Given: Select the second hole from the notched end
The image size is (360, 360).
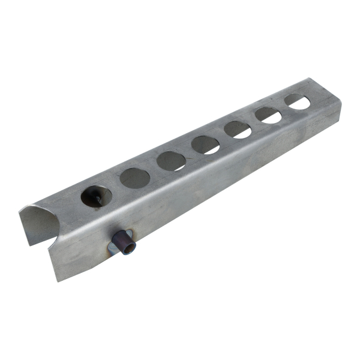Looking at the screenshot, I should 134,178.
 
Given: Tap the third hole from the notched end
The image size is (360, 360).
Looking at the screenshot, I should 172,160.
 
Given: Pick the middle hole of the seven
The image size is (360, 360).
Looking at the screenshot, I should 206,144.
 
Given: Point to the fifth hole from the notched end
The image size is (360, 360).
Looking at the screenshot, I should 238,129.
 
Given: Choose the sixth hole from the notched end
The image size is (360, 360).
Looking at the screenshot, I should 268,115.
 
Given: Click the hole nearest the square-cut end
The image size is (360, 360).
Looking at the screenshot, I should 297,101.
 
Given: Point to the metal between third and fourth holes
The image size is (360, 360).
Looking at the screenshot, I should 188,152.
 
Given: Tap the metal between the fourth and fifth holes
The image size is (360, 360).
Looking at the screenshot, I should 222,136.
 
